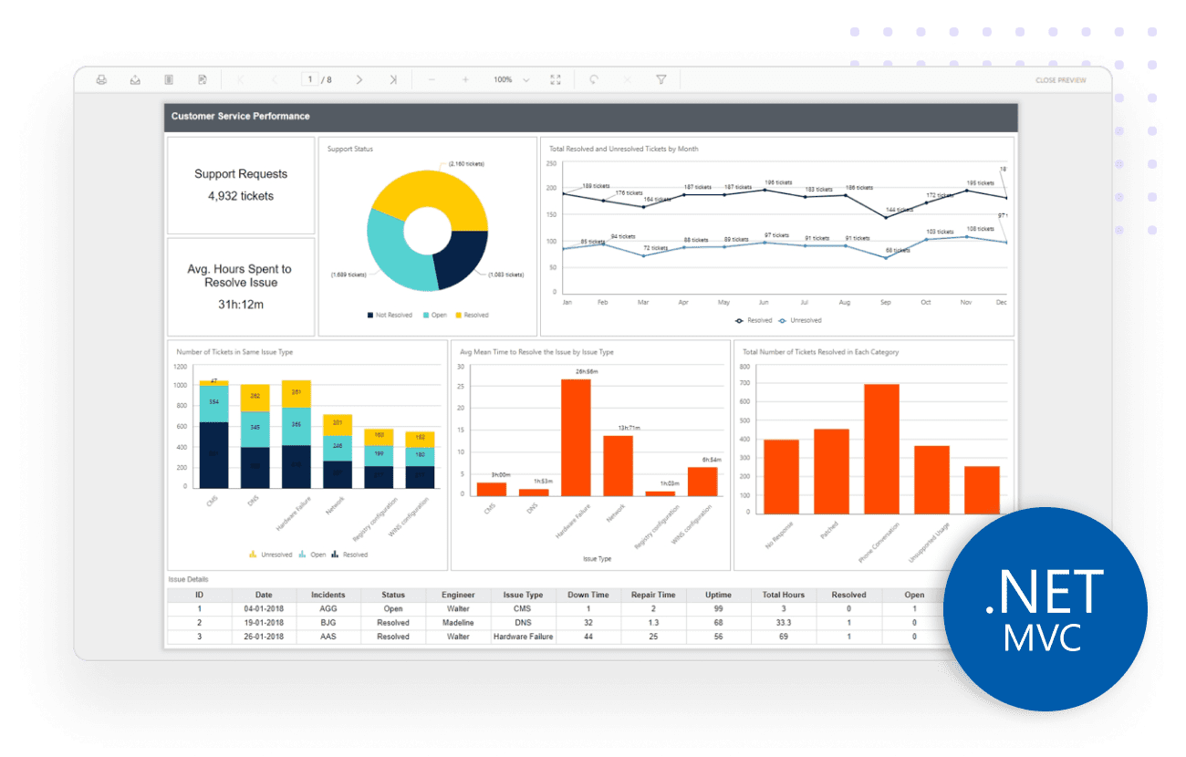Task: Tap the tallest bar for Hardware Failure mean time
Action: tap(576, 437)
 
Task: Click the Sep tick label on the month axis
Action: tap(885, 302)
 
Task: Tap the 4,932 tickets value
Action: tap(241, 196)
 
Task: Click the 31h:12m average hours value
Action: tap(241, 305)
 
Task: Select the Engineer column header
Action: tap(458, 595)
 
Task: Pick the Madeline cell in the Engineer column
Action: tap(458, 623)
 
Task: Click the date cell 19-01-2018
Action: tap(264, 623)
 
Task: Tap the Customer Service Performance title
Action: tap(240, 117)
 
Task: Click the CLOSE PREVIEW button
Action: tap(1060, 80)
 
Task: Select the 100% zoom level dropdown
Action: tap(511, 80)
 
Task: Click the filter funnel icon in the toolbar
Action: tap(661, 80)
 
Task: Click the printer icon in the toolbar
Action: tap(101, 80)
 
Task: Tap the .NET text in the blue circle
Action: tap(1044, 593)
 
